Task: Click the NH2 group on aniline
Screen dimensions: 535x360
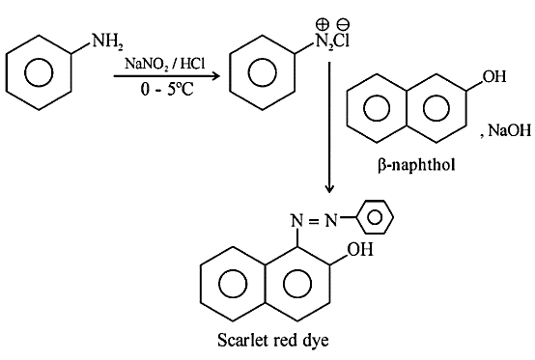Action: point(107,42)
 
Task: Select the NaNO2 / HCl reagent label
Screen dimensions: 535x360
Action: point(165,64)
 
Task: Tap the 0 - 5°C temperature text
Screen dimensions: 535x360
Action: point(167,90)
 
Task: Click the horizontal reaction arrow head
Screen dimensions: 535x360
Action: point(215,76)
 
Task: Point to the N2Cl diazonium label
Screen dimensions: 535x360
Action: point(332,42)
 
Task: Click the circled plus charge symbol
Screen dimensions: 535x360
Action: point(323,24)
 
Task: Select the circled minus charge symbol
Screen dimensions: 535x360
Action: point(343,24)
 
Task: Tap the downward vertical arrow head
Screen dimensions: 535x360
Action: point(329,189)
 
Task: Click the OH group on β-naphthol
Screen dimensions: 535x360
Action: point(494,76)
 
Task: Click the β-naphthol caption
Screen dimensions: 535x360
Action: point(416,165)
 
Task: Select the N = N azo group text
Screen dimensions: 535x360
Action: point(314,221)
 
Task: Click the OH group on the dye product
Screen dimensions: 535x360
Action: point(360,249)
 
